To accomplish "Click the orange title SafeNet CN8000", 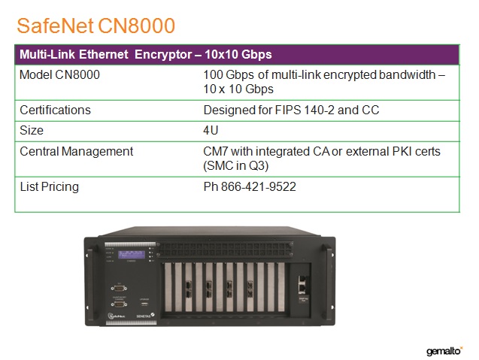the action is pyautogui.click(x=95, y=26).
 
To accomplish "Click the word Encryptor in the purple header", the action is pyautogui.click(x=163, y=55).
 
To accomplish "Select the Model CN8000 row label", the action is pyautogui.click(x=59, y=75).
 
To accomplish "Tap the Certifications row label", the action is pyautogui.click(x=56, y=110).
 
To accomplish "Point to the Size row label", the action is pyautogui.click(x=32, y=131).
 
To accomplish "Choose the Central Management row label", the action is pyautogui.click(x=77, y=152).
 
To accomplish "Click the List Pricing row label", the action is pyautogui.click(x=49, y=187).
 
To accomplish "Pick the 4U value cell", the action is pyautogui.click(x=211, y=130).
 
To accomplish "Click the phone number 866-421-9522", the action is pyautogui.click(x=259, y=187).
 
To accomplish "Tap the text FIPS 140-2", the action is pyautogui.click(x=305, y=110).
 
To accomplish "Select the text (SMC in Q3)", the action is pyautogui.click(x=236, y=166).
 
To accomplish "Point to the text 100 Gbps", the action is pyautogui.click(x=229, y=75).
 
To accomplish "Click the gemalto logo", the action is pyautogui.click(x=444, y=351).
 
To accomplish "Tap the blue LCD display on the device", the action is pyautogui.click(x=132, y=254).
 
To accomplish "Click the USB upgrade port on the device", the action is pyautogui.click(x=144, y=304).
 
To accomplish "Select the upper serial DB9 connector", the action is pyautogui.click(x=119, y=288).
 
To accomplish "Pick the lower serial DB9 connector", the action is pyautogui.click(x=119, y=304).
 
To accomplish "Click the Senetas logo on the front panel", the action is pyautogui.click(x=145, y=316).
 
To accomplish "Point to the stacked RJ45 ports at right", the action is pyautogui.click(x=303, y=283).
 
